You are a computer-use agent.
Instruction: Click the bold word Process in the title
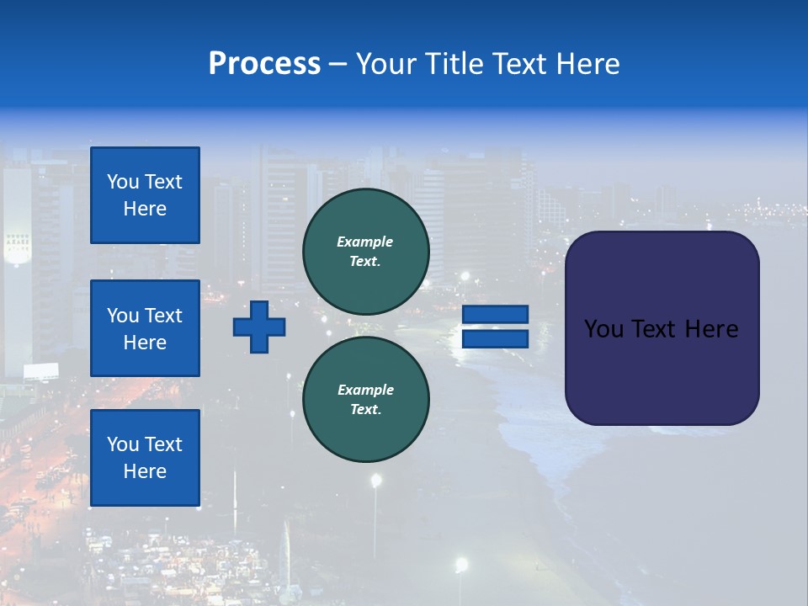pyautogui.click(x=264, y=64)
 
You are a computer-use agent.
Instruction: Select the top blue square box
pyautogui.click(x=145, y=195)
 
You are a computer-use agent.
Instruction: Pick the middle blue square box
pyautogui.click(x=145, y=328)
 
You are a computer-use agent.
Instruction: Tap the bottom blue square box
pyautogui.click(x=145, y=458)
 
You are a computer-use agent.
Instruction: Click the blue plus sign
pyautogui.click(x=259, y=327)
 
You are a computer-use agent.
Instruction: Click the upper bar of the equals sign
pyautogui.click(x=495, y=315)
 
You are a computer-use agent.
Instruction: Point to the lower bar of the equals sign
pyautogui.click(x=495, y=338)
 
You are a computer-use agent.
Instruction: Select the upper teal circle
pyautogui.click(x=366, y=252)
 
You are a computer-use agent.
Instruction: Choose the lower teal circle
pyautogui.click(x=366, y=400)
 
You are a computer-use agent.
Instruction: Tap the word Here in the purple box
pyautogui.click(x=711, y=329)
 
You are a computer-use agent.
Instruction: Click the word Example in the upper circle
pyautogui.click(x=365, y=242)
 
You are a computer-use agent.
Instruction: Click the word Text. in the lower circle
pyautogui.click(x=365, y=410)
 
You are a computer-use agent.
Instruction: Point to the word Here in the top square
pyautogui.click(x=145, y=209)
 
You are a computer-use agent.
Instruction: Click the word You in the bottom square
pyautogui.click(x=122, y=444)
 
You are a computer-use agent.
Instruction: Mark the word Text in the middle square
pyautogui.click(x=163, y=316)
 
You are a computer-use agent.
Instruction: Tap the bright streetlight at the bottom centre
pyautogui.click(x=460, y=563)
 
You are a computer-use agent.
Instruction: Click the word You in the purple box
pyautogui.click(x=603, y=329)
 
